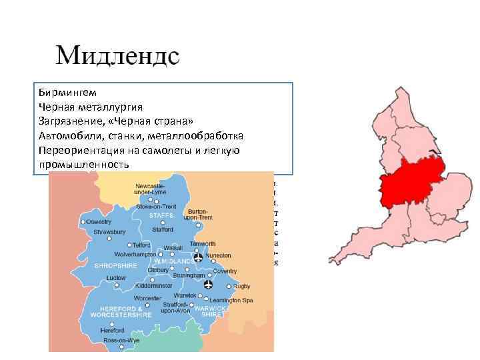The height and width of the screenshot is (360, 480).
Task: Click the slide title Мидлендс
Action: tap(117, 55)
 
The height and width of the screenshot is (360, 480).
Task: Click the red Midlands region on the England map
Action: tap(410, 183)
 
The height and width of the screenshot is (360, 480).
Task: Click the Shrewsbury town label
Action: tap(107, 233)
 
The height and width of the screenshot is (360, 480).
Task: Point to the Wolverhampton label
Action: tap(135, 255)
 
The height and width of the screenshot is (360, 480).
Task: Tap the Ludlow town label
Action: tap(115, 277)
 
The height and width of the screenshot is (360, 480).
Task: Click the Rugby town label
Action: tap(243, 286)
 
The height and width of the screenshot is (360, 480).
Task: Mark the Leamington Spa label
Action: tap(237, 300)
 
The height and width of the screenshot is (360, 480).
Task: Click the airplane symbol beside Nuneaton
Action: tap(198, 257)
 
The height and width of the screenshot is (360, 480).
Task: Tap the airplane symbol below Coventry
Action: tap(209, 285)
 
